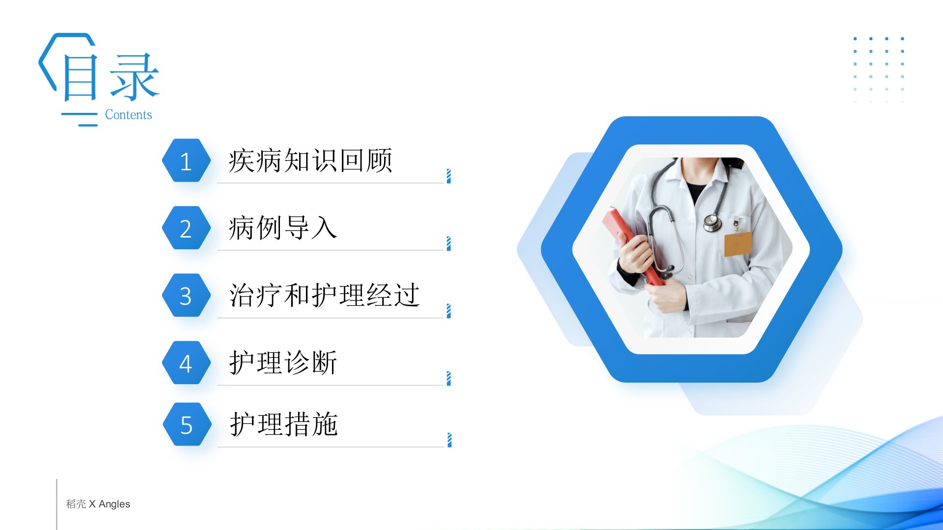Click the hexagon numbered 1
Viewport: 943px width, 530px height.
click(186, 160)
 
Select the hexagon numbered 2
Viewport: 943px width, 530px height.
click(186, 228)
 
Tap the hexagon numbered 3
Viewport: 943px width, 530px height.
click(186, 295)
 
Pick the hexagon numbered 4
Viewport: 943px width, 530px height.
click(186, 363)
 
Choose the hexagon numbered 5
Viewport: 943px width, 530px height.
click(187, 424)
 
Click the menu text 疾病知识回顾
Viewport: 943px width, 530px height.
click(310, 160)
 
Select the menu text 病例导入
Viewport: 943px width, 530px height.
click(283, 228)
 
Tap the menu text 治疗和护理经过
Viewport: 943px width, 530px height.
click(325, 295)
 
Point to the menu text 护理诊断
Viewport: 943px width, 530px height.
click(283, 363)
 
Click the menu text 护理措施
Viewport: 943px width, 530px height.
click(284, 424)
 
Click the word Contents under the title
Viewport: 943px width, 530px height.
click(129, 115)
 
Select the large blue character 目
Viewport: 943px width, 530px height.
click(81, 78)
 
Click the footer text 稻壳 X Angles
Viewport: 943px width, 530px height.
click(98, 504)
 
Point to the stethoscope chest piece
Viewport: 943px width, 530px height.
click(712, 223)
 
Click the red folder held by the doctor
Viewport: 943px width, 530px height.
click(634, 245)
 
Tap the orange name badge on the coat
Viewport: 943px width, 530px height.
click(738, 244)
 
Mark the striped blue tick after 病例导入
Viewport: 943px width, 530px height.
click(449, 243)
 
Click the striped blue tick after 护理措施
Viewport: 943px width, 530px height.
click(449, 440)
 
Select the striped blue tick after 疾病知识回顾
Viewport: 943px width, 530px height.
click(449, 176)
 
